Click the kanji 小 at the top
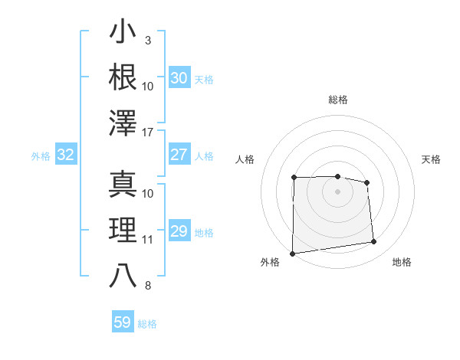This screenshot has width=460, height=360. click(123, 34)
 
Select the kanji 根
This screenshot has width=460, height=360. click(123, 78)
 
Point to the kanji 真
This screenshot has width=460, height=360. click(123, 184)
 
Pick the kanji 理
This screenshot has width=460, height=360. click(123, 231)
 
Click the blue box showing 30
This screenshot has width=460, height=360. click(179, 78)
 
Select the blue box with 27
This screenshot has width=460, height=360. click(179, 155)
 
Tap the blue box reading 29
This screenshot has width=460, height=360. click(179, 231)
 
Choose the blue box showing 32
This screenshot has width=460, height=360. click(65, 155)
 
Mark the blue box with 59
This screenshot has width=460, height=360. click(122, 322)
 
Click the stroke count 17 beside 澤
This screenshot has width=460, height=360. click(148, 133)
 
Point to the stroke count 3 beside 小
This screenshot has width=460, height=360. click(148, 40)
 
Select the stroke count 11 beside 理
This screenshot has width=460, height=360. click(148, 240)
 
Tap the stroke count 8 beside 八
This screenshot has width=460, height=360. click(148, 286)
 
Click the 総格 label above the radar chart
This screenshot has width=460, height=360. click(337, 100)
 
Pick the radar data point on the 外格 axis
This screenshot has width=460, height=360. click(292, 254)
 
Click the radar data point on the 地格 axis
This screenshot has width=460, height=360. click(374, 242)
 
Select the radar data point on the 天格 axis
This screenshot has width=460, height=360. click(366, 182)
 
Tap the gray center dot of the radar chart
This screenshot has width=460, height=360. click(337, 191)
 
